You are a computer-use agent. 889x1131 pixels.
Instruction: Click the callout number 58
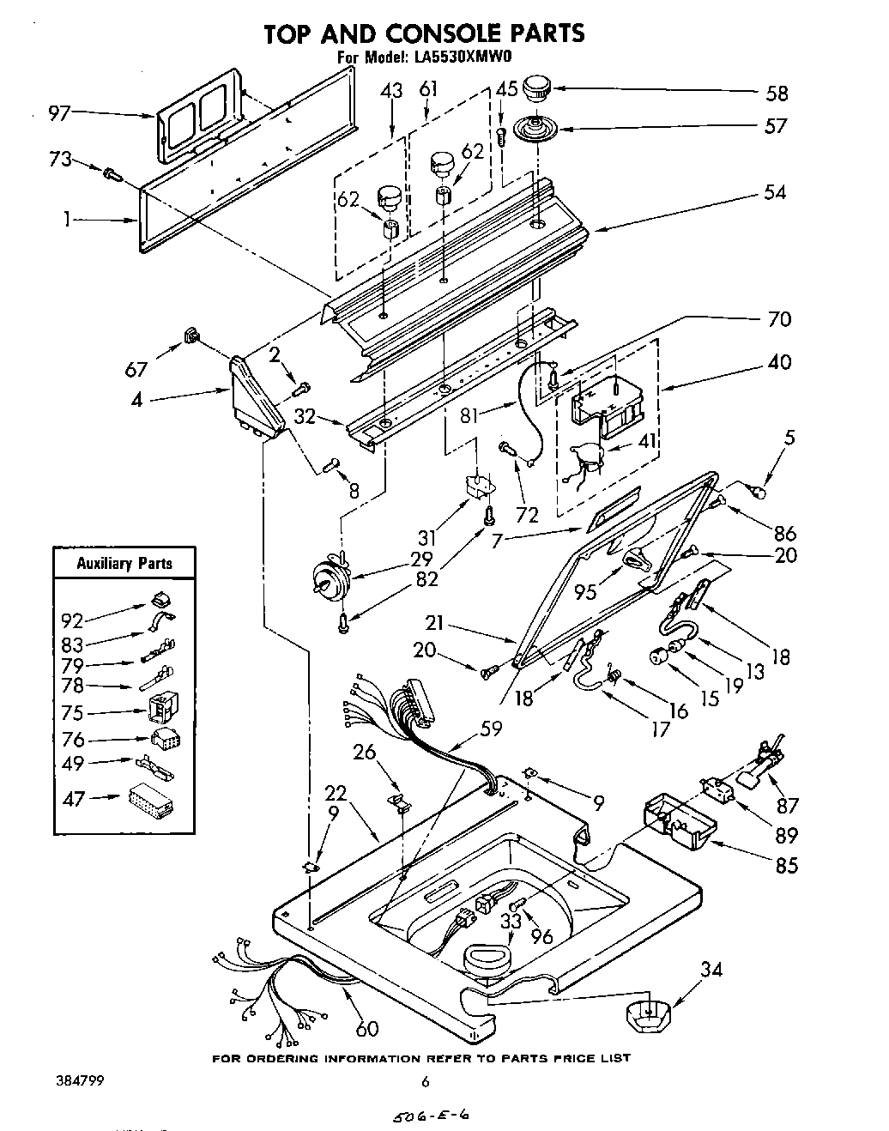click(x=776, y=93)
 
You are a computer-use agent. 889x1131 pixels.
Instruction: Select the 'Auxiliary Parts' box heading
click(x=124, y=564)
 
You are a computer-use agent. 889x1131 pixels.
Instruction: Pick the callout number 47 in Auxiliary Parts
click(x=75, y=798)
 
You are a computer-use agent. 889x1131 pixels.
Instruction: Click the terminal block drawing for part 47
click(x=149, y=801)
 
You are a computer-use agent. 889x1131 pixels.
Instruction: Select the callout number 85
click(x=786, y=864)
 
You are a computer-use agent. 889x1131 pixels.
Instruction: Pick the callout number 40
click(x=780, y=361)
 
